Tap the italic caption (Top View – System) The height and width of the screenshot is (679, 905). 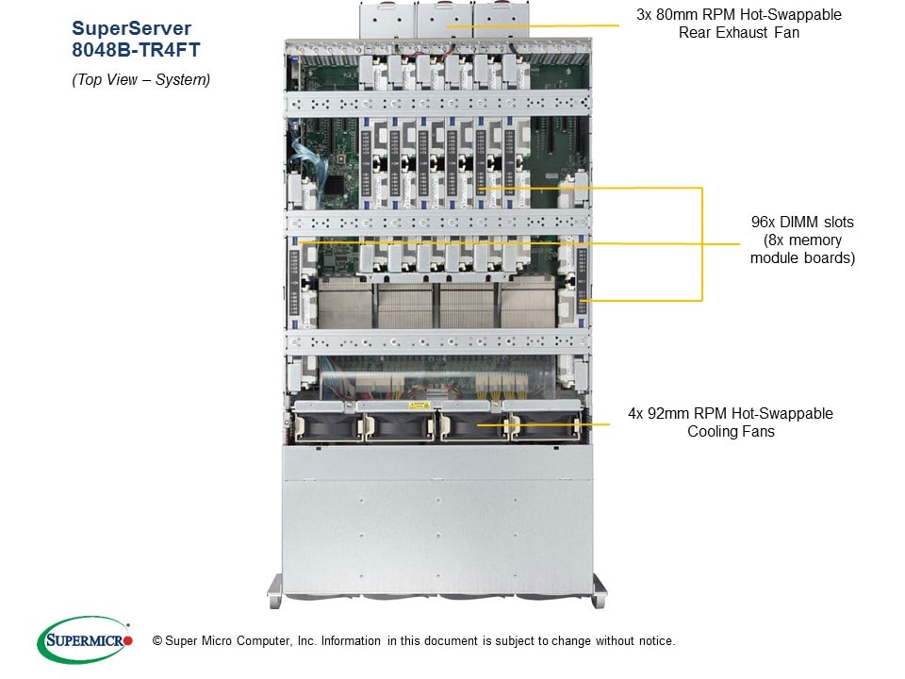click(141, 80)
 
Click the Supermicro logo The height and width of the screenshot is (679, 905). click(85, 639)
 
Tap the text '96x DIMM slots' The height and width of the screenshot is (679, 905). click(802, 223)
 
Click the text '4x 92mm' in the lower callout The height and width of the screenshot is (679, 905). click(657, 414)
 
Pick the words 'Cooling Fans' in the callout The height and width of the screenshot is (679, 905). click(731, 432)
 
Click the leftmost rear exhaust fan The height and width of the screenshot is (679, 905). click(387, 19)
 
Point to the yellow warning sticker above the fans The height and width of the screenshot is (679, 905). click(416, 404)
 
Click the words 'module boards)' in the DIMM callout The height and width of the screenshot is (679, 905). click(802, 257)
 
